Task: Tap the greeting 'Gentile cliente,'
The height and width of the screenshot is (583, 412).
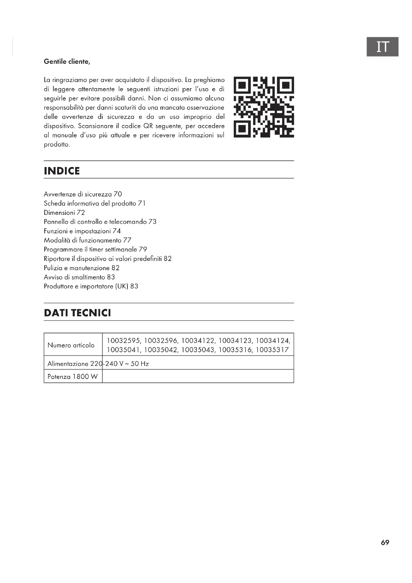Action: [x=67, y=62]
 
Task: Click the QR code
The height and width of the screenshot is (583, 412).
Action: [x=264, y=107]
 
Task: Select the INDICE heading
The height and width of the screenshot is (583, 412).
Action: [x=62, y=171]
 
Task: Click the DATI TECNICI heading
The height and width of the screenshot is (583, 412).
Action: [x=77, y=313]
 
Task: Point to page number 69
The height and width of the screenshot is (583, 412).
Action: [x=385, y=542]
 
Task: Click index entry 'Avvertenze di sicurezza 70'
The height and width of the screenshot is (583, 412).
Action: [x=83, y=194]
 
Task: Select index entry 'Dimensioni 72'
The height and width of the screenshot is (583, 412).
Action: [x=64, y=213]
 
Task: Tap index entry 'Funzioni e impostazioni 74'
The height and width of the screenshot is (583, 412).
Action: [x=82, y=231]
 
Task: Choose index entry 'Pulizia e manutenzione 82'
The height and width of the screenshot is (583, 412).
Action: [x=81, y=268]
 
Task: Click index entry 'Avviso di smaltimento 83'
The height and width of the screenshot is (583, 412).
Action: [x=79, y=277]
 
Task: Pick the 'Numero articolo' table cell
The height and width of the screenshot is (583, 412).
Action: [x=71, y=345]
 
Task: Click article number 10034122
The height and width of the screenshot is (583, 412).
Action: [x=198, y=341]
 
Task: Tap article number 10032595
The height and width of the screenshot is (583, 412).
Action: [x=123, y=341]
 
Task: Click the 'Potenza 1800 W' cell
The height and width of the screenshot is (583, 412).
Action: [x=72, y=377]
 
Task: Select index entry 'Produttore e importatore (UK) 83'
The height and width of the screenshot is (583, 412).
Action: [x=91, y=286]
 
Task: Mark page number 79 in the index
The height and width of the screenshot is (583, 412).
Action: [x=143, y=249]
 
